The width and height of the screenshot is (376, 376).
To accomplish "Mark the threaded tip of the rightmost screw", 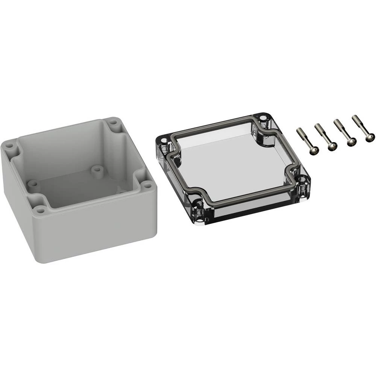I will tap(354, 117).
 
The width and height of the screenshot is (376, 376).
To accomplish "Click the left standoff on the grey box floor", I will tap(33, 183).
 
